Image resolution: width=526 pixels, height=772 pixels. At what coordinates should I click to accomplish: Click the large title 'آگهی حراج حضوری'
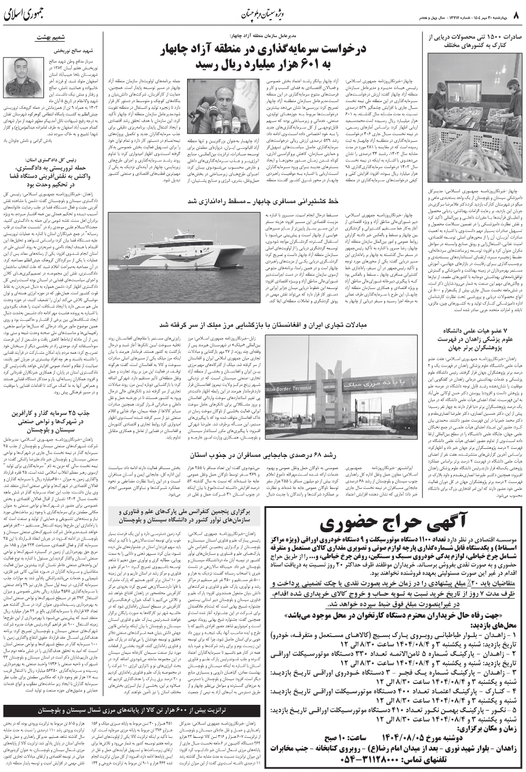[394, 524]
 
